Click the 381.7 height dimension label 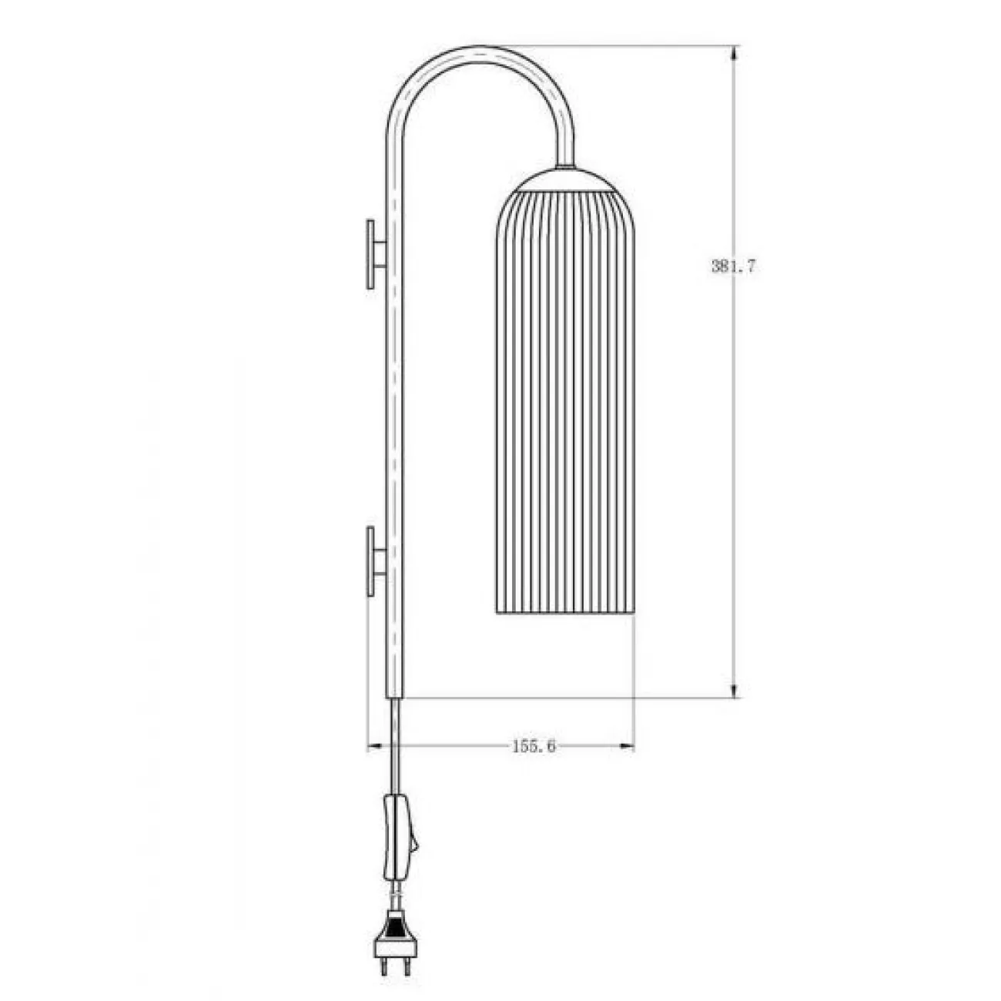(x=732, y=266)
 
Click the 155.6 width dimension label (x=534, y=747)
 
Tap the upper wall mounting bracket (x=376, y=255)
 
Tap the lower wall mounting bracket (x=376, y=561)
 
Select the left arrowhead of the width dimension (x=375, y=747)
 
